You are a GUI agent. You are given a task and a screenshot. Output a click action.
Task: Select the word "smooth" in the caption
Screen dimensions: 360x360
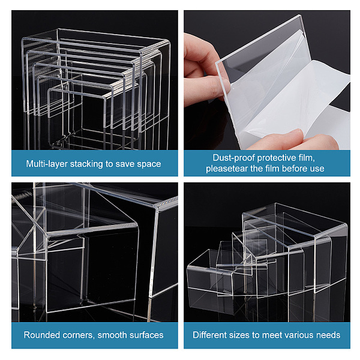click(111, 335)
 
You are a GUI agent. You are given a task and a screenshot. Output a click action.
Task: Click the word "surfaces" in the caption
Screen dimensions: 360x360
click(145, 335)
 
